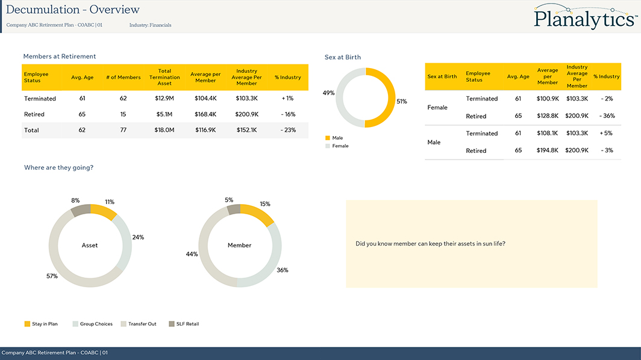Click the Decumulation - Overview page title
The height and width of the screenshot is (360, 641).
pyautogui.click(x=73, y=10)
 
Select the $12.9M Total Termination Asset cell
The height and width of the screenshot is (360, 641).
pyautogui.click(x=164, y=98)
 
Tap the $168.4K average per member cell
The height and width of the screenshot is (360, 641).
pyautogui.click(x=205, y=114)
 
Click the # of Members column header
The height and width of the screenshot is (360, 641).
pyautogui.click(x=124, y=77)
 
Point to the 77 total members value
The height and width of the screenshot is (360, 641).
pyautogui.click(x=123, y=130)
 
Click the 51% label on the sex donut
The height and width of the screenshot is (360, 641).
pyautogui.click(x=401, y=102)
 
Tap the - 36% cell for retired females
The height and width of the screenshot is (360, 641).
pyautogui.click(x=607, y=116)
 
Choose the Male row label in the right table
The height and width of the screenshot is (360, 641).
pyautogui.click(x=434, y=143)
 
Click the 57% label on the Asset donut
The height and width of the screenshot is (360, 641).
pyautogui.click(x=52, y=276)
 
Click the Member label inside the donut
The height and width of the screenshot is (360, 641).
pyautogui.click(x=239, y=246)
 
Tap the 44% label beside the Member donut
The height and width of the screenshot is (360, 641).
pyautogui.click(x=192, y=255)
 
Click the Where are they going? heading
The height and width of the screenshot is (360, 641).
pyautogui.click(x=58, y=168)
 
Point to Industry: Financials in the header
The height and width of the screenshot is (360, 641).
pyautogui.click(x=150, y=25)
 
